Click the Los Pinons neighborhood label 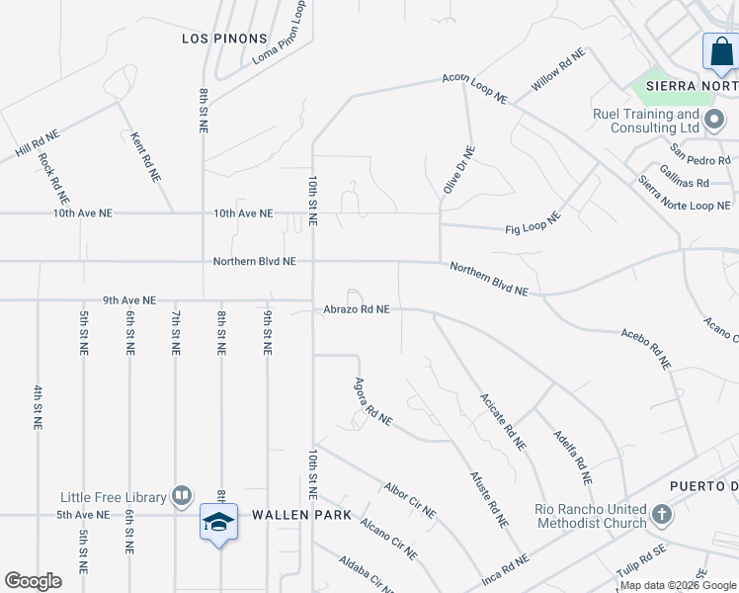(225, 39)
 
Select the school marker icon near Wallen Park (218, 522)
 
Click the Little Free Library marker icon (182, 495)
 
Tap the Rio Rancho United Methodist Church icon (662, 515)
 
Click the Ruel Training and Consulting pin (714, 122)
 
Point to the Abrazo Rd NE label (356, 309)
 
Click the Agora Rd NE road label (373, 402)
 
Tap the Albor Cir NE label (410, 500)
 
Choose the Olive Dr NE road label (459, 170)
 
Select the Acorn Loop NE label (474, 88)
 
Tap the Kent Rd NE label (146, 156)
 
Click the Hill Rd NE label (38, 144)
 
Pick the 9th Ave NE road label (128, 300)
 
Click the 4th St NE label (38, 406)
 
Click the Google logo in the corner (34, 581)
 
